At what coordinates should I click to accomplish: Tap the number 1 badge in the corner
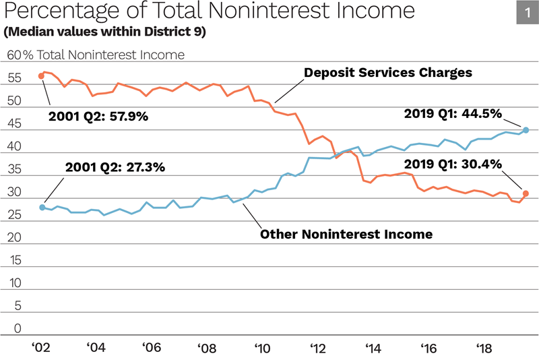point(526,13)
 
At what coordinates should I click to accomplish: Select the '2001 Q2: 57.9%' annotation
point(98,116)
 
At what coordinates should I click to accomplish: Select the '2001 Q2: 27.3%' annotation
point(115,168)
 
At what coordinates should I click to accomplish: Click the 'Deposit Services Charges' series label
point(387,71)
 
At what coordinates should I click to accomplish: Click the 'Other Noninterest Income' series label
point(346,235)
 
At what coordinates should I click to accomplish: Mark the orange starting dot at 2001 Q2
point(42,76)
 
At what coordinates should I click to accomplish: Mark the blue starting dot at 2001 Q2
point(42,208)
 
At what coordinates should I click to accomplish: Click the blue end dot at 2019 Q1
point(526,130)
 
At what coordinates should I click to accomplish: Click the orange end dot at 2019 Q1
point(526,193)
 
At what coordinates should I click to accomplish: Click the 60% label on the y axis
point(18,55)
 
